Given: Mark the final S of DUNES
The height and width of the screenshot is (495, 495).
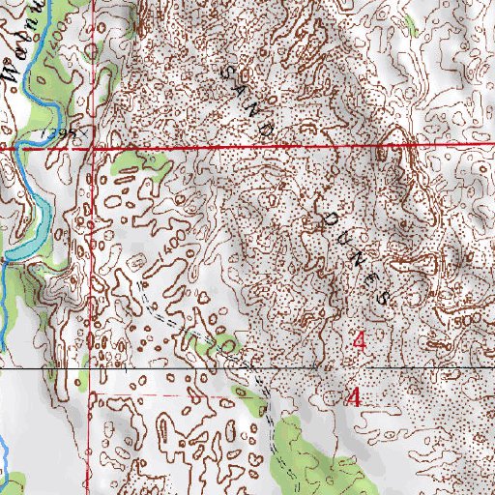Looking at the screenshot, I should pyautogui.click(x=385, y=296).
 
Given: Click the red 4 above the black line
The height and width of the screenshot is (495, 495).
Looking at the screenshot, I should pyautogui.click(x=360, y=340).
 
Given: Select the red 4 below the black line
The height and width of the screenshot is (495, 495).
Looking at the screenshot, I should pyautogui.click(x=355, y=396).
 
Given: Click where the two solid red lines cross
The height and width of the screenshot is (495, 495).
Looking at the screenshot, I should pyautogui.click(x=94, y=149).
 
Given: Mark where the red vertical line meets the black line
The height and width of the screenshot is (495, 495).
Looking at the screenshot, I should pyautogui.click(x=95, y=369).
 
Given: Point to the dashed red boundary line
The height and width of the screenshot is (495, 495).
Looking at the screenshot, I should pyautogui.click(x=145, y=394).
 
